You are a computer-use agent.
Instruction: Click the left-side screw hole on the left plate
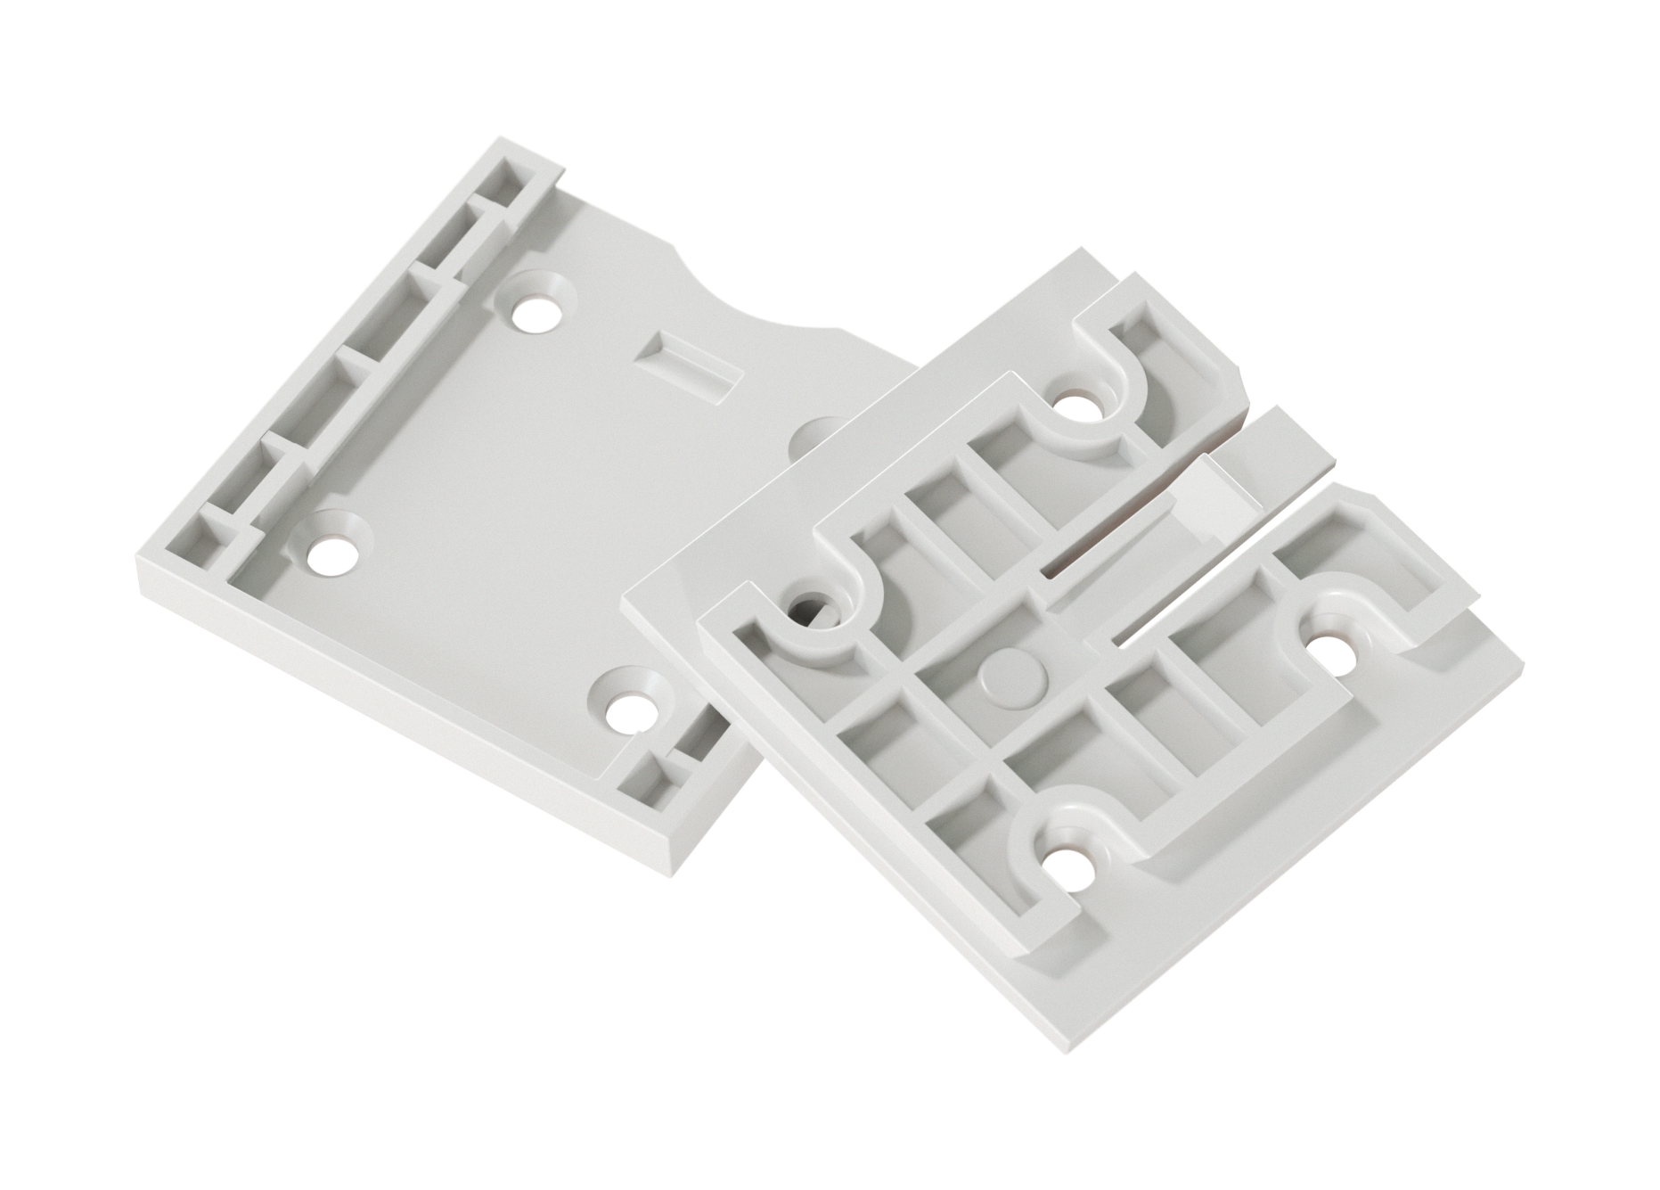click(330, 554)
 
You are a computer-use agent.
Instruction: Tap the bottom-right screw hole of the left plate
click(633, 712)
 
